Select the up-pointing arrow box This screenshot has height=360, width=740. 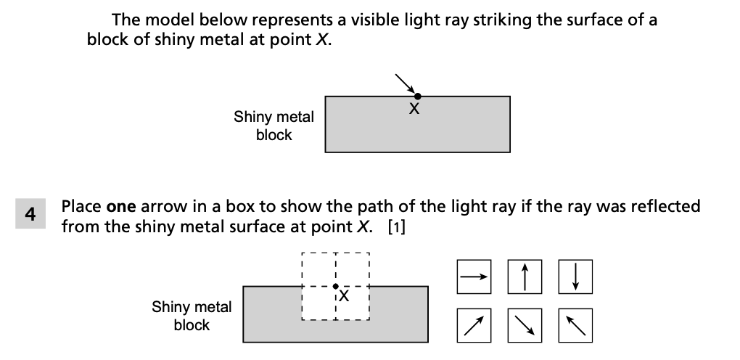point(525,276)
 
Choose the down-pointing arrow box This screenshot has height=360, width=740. point(575,276)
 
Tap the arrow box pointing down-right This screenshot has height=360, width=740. point(525,324)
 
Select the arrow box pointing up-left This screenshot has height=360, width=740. point(575,324)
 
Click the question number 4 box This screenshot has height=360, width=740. point(30,215)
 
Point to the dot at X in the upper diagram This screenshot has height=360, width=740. point(417,96)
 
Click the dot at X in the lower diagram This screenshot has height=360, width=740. point(335,286)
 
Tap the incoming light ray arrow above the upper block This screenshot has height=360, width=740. point(405,83)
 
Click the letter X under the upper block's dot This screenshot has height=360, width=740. point(414,110)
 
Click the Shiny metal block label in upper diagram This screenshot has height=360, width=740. point(274,126)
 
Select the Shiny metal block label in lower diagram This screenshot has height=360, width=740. point(192,316)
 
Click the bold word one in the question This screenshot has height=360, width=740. point(121,206)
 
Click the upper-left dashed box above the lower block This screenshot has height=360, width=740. point(318,269)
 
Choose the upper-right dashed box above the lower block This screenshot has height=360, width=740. point(353,269)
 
